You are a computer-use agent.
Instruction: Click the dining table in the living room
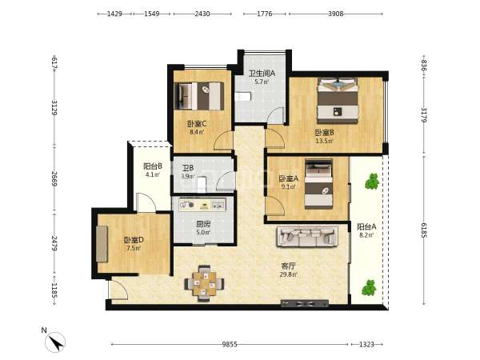(x=204, y=283)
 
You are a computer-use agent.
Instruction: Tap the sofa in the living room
(x=307, y=236)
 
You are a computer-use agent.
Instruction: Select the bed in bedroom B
(x=338, y=101)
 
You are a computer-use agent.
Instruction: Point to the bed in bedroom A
(x=318, y=184)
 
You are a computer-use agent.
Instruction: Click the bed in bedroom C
(x=199, y=96)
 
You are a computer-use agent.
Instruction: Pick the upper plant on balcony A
(x=372, y=182)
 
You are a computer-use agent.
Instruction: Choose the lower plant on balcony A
(x=369, y=288)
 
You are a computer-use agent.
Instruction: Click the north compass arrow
(x=55, y=342)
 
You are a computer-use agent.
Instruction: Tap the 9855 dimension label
(x=230, y=344)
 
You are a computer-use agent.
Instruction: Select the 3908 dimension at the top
(x=336, y=14)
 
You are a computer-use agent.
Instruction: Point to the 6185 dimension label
(x=424, y=230)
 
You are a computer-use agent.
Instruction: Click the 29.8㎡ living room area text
(x=288, y=274)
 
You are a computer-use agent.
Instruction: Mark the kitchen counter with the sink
(x=202, y=205)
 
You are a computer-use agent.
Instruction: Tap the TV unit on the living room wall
(x=305, y=304)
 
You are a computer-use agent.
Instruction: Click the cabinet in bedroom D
(x=102, y=244)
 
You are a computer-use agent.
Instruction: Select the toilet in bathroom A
(x=242, y=97)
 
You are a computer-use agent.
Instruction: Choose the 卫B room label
(x=188, y=168)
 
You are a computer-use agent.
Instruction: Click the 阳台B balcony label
(x=153, y=166)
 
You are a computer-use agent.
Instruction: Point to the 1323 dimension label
(x=366, y=344)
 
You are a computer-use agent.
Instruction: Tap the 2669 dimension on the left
(x=54, y=178)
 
